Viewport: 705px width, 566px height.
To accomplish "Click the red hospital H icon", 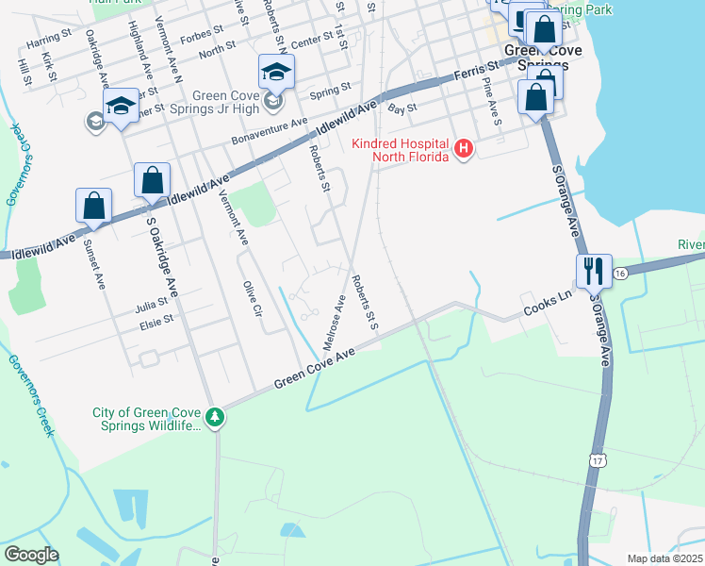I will (463, 149).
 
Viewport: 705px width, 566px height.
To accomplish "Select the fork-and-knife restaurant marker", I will (594, 271).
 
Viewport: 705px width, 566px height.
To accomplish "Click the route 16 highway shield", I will (619, 273).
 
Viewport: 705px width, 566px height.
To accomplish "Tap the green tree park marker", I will (216, 417).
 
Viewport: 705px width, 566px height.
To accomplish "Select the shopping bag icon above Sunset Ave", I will (94, 206).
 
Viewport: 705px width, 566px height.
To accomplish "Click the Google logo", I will (31, 555).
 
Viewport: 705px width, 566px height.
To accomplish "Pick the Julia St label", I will (149, 305).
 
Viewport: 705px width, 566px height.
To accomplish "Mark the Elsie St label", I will (156, 320).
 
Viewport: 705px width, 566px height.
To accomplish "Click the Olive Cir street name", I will (251, 298).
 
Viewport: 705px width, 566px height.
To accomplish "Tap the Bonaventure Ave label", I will (270, 131).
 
